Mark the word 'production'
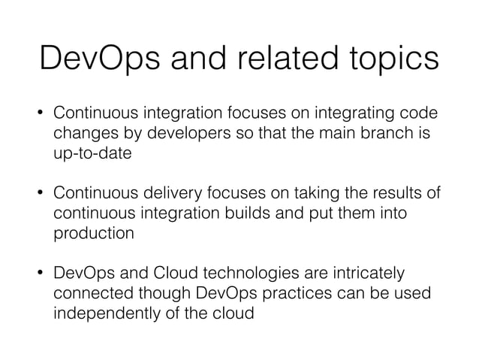pyautogui.click(x=94, y=233)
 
